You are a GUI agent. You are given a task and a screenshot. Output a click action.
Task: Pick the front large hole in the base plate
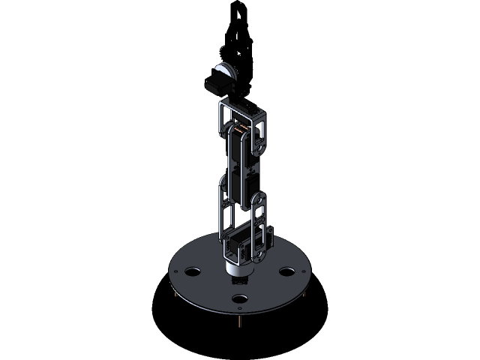pos(240,299)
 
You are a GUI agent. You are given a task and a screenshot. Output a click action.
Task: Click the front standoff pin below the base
pos(239,322)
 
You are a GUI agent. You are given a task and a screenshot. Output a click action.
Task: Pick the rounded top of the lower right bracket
pos(258,201)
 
